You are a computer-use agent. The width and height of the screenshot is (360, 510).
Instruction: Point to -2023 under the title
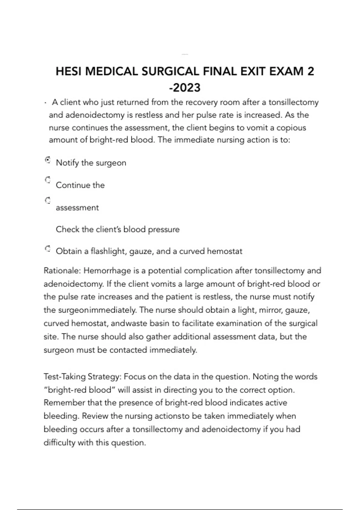tap(185, 88)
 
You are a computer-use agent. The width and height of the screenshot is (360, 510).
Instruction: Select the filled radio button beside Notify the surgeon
tap(47, 160)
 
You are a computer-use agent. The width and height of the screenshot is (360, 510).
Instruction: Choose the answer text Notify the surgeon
tap(91, 163)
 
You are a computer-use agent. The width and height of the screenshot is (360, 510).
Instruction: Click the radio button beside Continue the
tap(47, 180)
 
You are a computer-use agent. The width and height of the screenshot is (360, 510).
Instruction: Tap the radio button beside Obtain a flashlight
tap(47, 249)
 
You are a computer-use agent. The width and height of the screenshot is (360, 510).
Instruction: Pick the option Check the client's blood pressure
tap(118, 229)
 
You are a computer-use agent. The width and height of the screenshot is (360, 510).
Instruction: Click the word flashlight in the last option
tap(109, 251)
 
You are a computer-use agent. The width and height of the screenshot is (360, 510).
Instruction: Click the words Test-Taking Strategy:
tap(82, 377)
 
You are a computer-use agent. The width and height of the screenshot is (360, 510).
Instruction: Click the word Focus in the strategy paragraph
tap(134, 377)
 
